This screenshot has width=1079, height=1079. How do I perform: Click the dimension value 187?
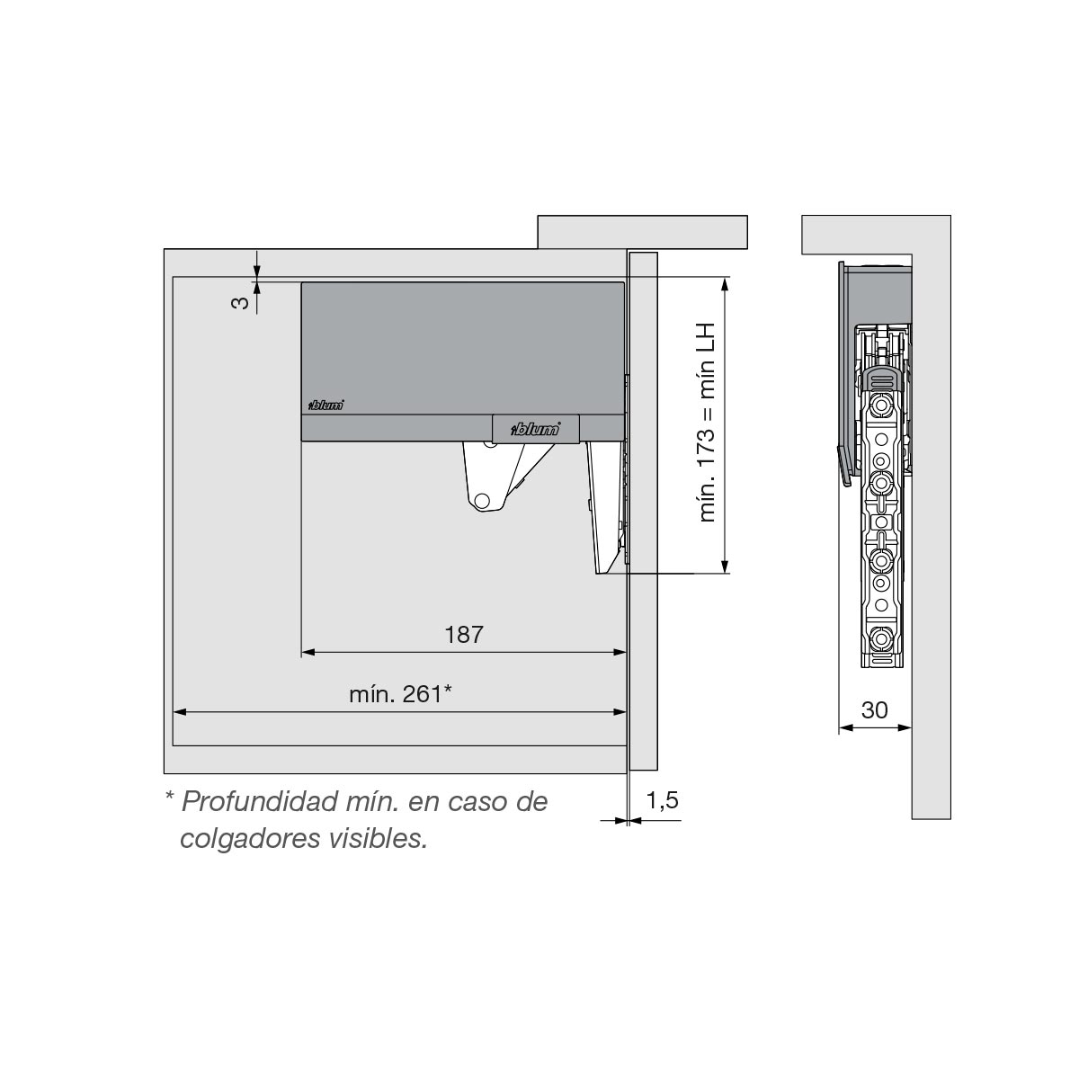point(464,635)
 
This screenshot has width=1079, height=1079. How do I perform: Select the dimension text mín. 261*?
point(400,694)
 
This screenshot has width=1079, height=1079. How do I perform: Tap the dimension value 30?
point(874,710)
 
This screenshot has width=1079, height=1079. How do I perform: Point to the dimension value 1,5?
point(663,801)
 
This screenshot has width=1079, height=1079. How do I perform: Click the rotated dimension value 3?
point(240,303)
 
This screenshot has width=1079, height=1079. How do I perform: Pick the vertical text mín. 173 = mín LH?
point(708,423)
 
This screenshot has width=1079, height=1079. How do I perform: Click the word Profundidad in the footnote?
point(259,802)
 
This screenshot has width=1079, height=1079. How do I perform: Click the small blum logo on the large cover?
point(326,405)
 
